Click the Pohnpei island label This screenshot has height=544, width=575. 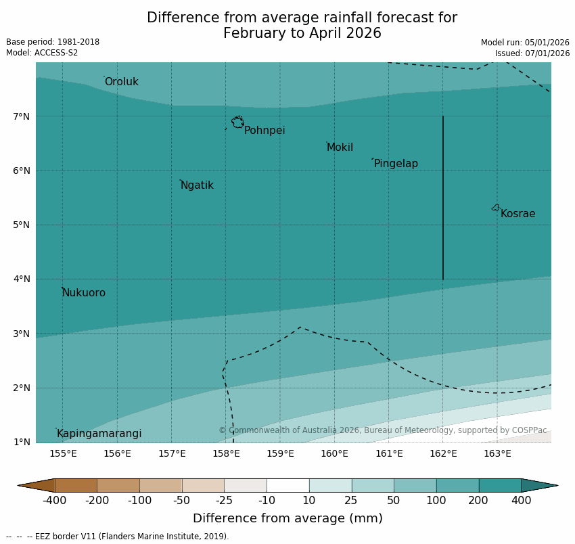pos(264,131)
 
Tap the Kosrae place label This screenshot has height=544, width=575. pos(517,214)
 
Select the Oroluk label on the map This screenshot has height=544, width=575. pos(121,82)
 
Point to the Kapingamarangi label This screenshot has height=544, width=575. pos(99,434)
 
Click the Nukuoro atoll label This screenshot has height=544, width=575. pos(84,293)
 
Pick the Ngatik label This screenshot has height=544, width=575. pos(197,185)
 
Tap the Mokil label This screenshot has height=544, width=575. pos(340,148)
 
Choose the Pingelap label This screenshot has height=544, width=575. pos(396,164)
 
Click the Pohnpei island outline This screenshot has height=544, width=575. pos(237,122)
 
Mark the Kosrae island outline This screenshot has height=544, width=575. pos(496,208)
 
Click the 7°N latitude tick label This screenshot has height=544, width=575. pos(22,116)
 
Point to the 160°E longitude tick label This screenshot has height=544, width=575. pos(334,453)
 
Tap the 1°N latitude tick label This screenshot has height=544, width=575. pos(22,442)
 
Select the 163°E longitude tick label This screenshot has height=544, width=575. pos(497,453)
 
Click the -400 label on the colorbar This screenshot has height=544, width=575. pos(54,501)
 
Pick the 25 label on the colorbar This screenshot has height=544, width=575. pos(352,501)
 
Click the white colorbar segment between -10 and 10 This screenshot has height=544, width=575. pos(287,485)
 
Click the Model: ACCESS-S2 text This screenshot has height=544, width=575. pos(42,53)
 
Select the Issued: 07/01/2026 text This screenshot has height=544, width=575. pos(532,53)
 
